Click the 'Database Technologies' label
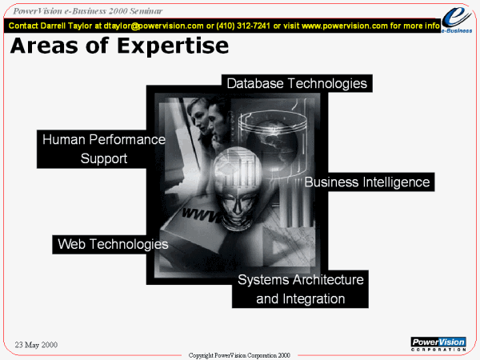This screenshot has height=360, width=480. [x=297, y=83]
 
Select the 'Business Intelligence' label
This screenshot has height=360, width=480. [x=367, y=182]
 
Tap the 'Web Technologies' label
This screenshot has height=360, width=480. [x=113, y=244]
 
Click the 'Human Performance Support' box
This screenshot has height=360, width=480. [x=101, y=149]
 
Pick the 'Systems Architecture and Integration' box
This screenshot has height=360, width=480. [x=300, y=289]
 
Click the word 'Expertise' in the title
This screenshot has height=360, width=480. [x=173, y=46]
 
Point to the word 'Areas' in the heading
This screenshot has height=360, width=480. [x=44, y=46]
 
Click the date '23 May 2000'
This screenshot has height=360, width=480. [x=36, y=345]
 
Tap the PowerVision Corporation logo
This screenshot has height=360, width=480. [x=438, y=344]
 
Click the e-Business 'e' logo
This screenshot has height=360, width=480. [x=457, y=20]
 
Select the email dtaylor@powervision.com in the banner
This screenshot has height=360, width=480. [x=154, y=26]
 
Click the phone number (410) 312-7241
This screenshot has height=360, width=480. [x=243, y=26]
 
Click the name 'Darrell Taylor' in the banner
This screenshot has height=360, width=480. [x=66, y=26]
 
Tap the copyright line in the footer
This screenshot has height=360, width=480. [x=239, y=355]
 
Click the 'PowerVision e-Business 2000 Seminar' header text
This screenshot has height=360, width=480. [x=87, y=11]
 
